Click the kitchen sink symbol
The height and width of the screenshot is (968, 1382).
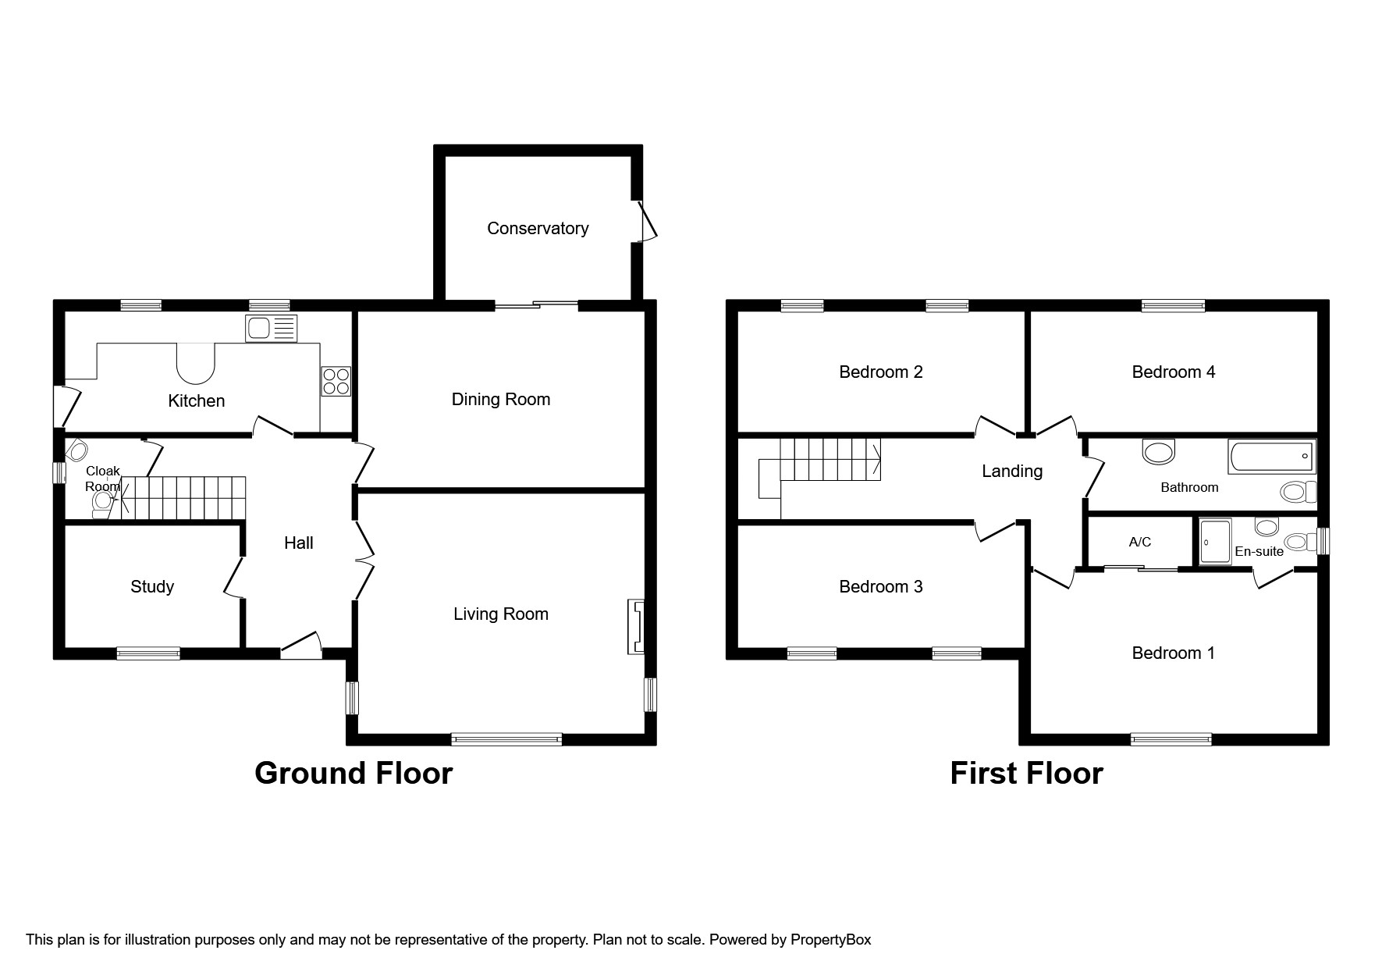pos(272,328)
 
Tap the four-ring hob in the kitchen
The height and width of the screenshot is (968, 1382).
pos(336,381)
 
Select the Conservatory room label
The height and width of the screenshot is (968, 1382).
pos(538,229)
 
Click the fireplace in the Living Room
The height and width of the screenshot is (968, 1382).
pos(637,626)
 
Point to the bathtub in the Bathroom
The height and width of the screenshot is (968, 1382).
pos(1271,456)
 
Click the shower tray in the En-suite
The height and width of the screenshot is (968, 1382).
pos(1215,542)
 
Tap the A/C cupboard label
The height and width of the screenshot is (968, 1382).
pos(1139,542)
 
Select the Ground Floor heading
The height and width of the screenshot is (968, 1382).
pos(353,773)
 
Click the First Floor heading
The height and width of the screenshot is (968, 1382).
pos(1026,773)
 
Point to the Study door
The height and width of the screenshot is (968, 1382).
pos(233,578)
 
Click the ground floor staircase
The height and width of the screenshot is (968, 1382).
pos(183,498)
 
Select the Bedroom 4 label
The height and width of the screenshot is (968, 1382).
pos(1173,372)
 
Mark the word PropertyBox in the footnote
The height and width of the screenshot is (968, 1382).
pos(830,940)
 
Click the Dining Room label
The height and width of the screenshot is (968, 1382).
pos(501,400)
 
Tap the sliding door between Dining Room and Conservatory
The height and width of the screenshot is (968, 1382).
pos(536,306)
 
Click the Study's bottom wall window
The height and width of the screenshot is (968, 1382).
pos(148,653)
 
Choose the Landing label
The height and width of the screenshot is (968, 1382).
pos(1011,472)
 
